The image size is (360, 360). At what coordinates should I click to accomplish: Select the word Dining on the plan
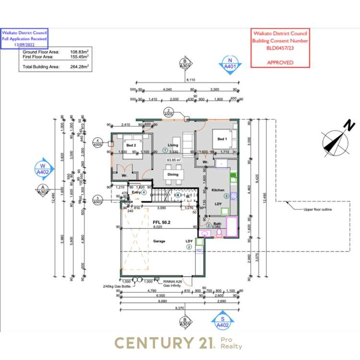173,175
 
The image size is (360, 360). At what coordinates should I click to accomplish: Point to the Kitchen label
218,190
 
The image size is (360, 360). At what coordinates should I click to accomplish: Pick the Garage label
160,241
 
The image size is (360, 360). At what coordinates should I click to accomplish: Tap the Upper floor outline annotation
317,209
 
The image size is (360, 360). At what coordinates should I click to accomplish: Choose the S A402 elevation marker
222,322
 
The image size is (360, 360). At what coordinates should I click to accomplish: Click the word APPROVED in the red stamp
280,62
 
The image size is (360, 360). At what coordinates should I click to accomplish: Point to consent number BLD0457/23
281,48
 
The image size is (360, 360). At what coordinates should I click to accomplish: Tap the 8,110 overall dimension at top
190,81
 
